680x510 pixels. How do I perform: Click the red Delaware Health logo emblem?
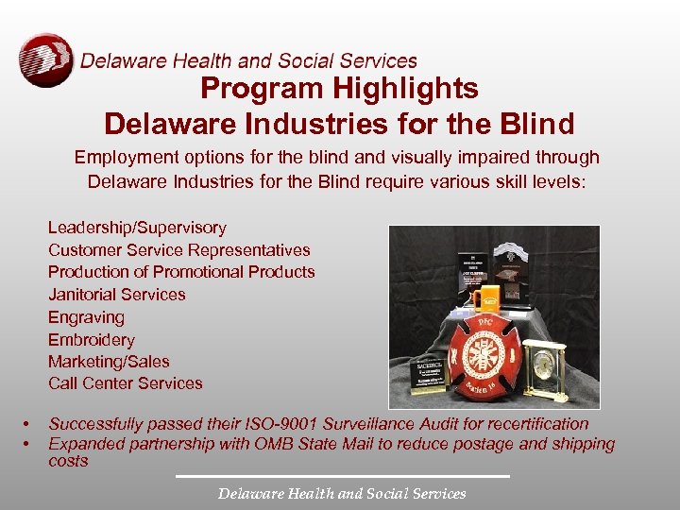(x=45, y=60)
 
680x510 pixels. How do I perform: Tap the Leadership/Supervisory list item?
(x=137, y=228)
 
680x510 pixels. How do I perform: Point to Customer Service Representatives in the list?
(x=178, y=250)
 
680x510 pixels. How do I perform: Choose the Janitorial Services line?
(x=117, y=295)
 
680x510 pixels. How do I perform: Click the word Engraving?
(x=86, y=317)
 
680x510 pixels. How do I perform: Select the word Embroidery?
(x=92, y=340)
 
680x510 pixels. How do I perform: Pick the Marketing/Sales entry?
(x=109, y=362)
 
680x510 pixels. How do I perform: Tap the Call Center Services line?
(x=125, y=383)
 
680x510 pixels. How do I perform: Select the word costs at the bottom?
(x=68, y=461)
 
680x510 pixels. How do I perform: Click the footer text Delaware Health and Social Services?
(x=342, y=493)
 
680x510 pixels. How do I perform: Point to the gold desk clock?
(x=545, y=369)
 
